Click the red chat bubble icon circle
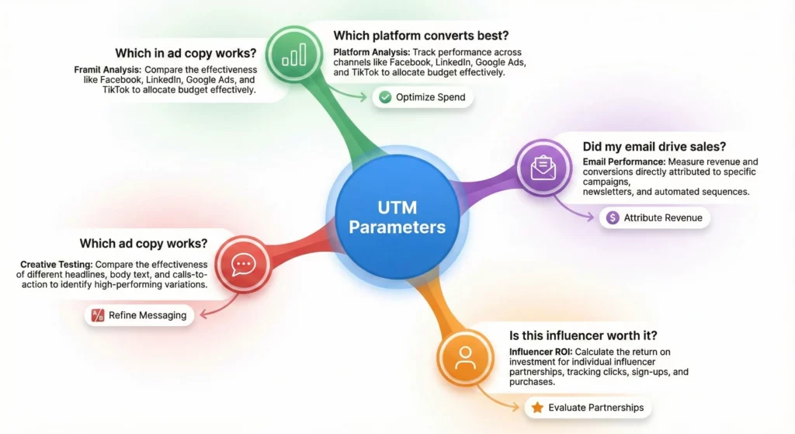244,264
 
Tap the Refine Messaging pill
139,315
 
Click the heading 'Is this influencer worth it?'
584,336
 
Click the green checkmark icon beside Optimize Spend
384,97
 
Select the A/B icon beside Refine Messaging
98,315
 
